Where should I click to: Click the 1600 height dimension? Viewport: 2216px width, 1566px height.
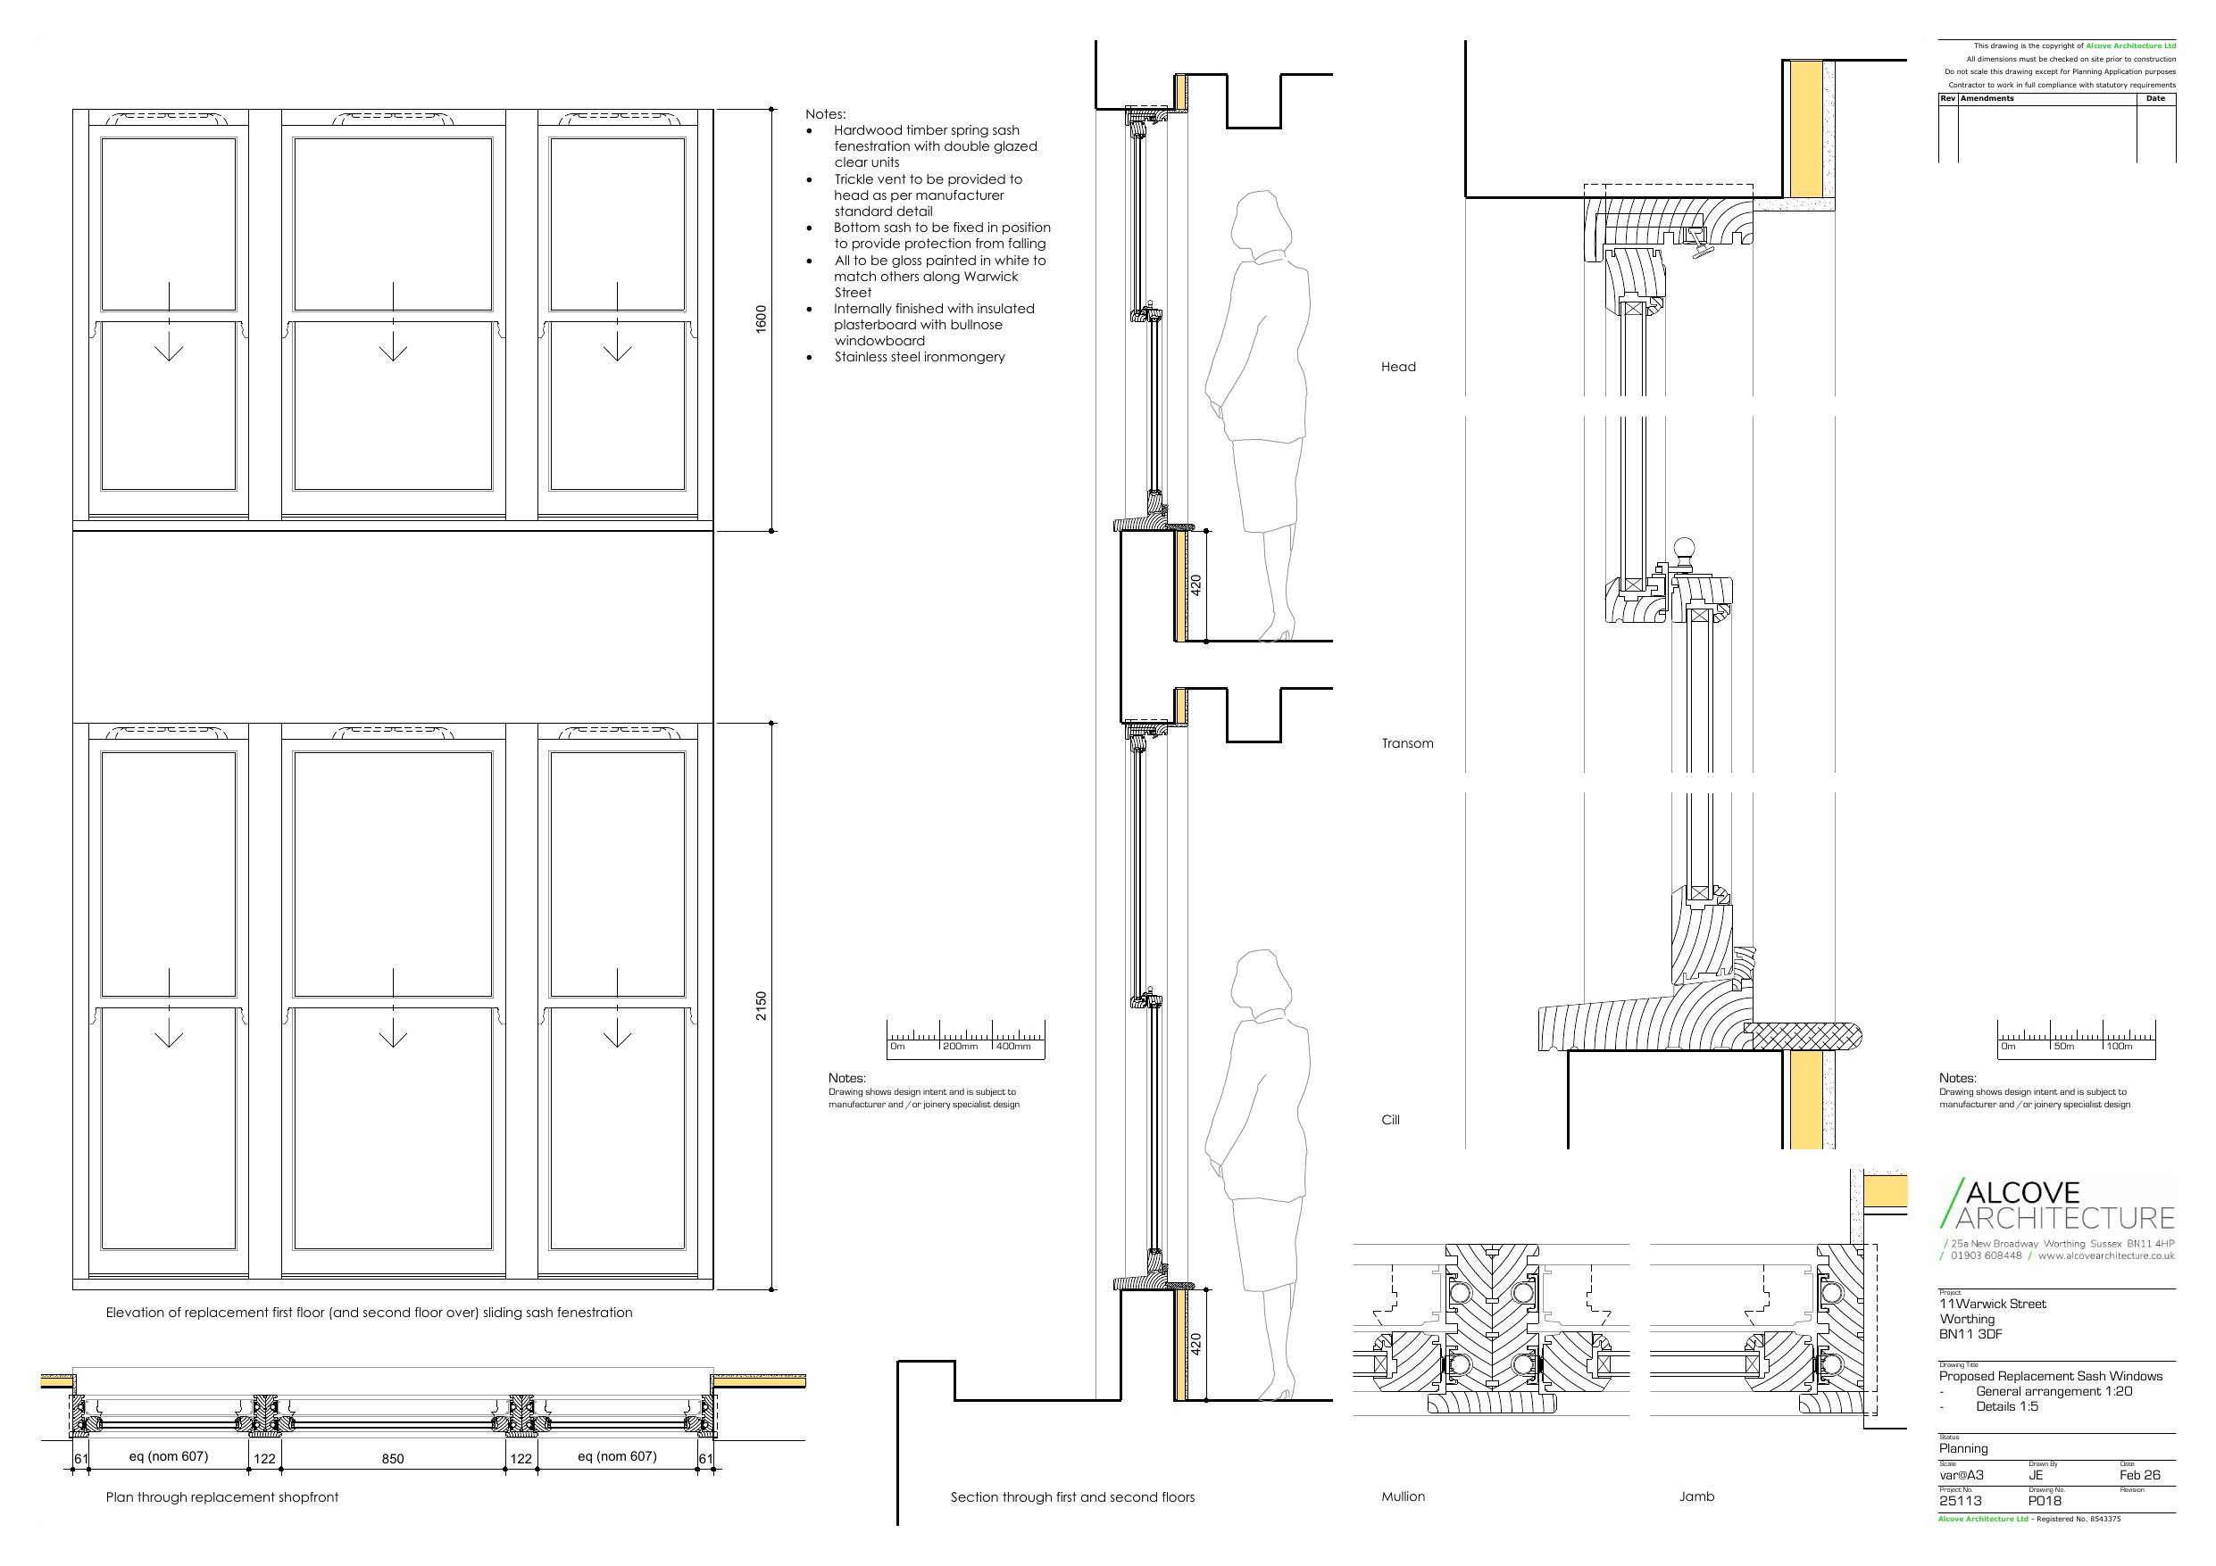pos(761,319)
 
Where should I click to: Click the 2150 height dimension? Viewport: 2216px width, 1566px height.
pos(761,1006)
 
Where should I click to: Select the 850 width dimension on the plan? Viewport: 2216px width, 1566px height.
pos(393,1459)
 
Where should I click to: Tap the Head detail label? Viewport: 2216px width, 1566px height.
pos(1398,367)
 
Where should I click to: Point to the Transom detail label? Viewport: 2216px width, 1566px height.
pos(1407,743)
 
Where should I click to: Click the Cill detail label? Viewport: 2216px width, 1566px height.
pos(1391,1120)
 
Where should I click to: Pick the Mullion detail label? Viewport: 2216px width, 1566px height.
pos(1404,1496)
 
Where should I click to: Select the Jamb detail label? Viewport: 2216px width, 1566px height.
pos(1696,1496)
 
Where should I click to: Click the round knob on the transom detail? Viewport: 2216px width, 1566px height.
pos(1684,548)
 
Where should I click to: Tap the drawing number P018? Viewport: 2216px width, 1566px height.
pos(2045,1502)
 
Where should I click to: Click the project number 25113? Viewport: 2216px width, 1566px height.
pos(1961,1502)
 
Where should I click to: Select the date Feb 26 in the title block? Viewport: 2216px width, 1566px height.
pos(2140,1475)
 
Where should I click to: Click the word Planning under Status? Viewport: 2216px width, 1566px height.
pos(1963,1448)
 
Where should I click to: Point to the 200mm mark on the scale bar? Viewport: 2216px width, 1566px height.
pos(961,1046)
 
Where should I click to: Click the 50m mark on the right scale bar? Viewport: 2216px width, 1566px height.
pos(2064,1046)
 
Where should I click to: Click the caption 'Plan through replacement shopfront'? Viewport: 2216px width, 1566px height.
pos(222,1497)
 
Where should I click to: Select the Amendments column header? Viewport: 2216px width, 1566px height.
pos(1987,98)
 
